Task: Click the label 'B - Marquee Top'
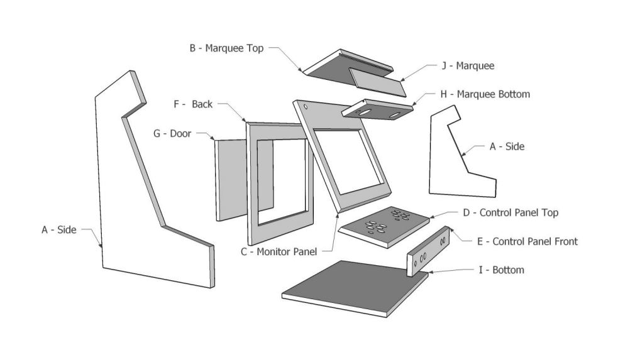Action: coord(226,48)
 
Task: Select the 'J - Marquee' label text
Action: coord(466,65)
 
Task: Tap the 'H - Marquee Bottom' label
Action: coord(485,94)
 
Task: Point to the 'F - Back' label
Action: coord(193,104)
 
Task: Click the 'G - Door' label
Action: coord(172,133)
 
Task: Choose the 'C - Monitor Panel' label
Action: coord(279,251)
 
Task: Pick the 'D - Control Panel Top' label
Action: coord(510,212)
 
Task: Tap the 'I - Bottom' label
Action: coord(500,270)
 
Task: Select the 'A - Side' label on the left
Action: coord(58,230)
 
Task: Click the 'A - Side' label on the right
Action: coord(507,146)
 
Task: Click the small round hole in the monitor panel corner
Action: coord(306,107)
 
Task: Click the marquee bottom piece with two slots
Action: coord(377,109)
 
